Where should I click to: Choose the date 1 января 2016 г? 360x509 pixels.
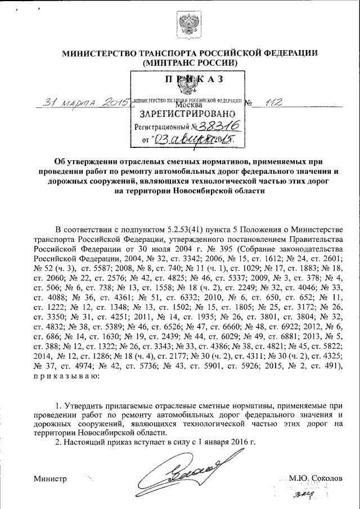click(x=222, y=442)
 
